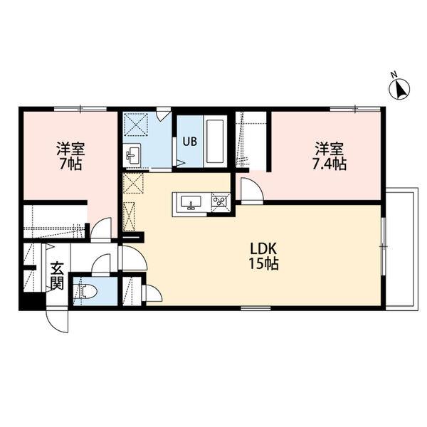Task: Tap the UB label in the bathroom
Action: (189, 142)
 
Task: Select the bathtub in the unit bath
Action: (216, 142)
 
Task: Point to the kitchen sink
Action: (191, 203)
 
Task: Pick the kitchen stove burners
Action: (219, 201)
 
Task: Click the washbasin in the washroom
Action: (132, 155)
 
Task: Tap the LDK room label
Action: (263, 248)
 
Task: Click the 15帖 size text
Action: (263, 263)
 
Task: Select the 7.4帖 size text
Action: (329, 164)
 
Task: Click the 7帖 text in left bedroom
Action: (70, 164)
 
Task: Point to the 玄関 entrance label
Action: (58, 276)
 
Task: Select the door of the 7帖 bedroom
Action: (101, 229)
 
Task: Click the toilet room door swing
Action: (101, 263)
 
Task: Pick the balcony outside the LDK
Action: (401, 249)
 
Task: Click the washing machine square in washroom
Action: (136, 124)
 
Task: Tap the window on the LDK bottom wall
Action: (255, 308)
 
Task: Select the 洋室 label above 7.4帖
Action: (329, 149)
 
